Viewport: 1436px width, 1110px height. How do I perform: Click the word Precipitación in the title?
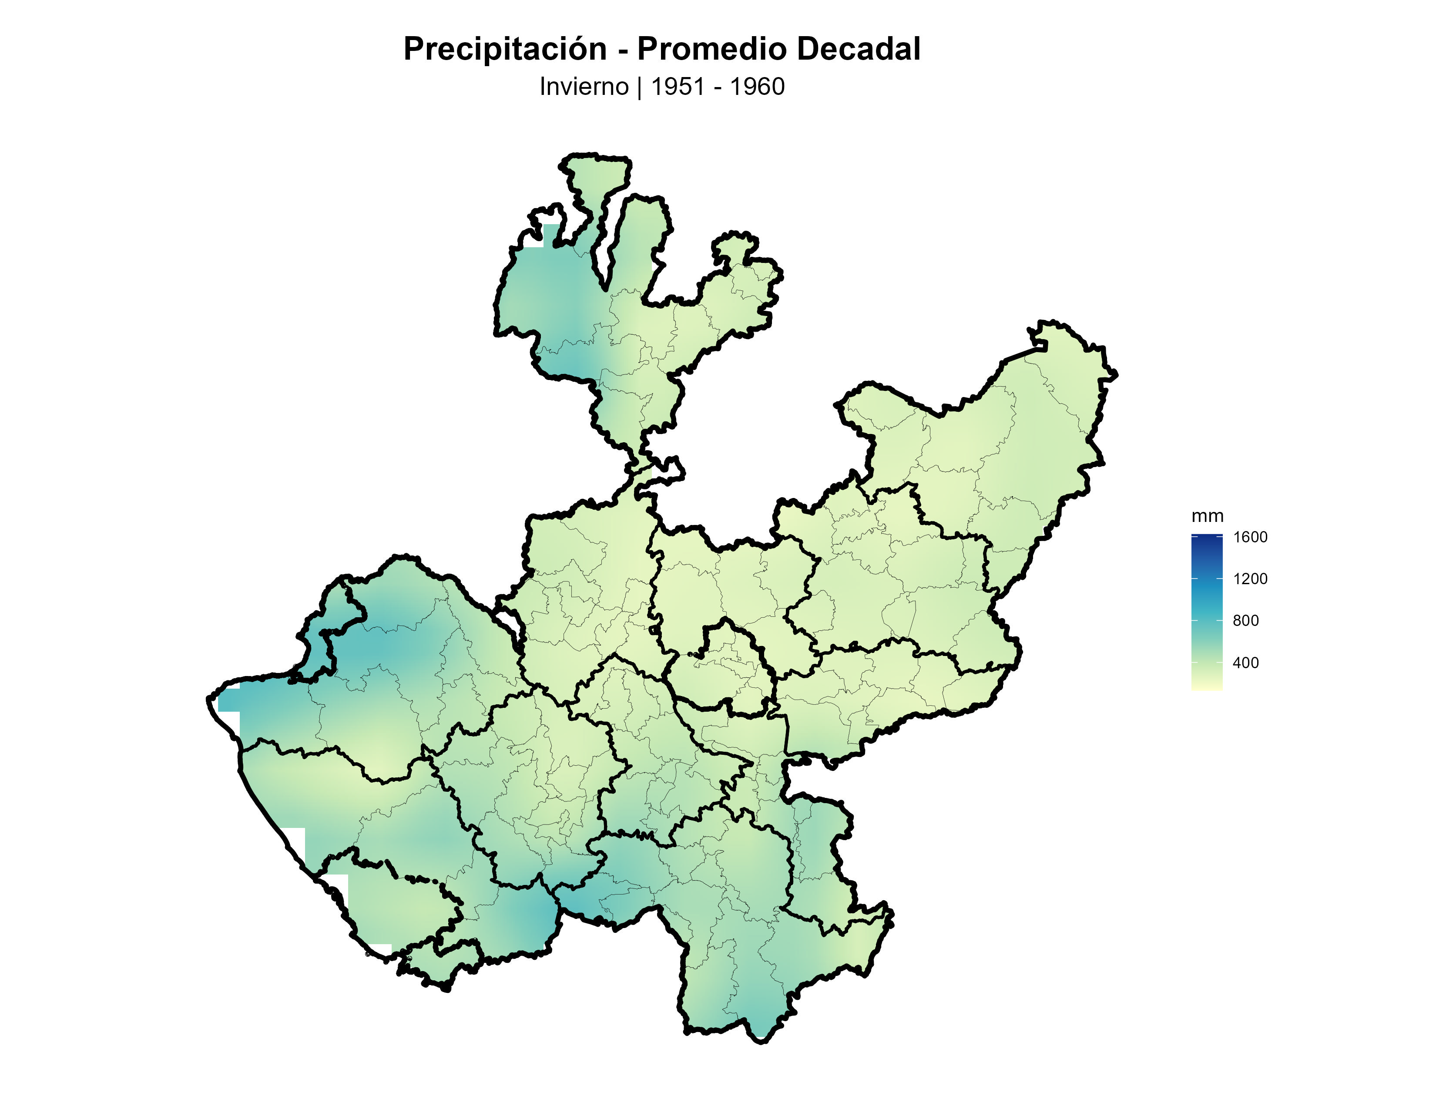click(x=504, y=49)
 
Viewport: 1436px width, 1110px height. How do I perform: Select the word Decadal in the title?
click(x=857, y=49)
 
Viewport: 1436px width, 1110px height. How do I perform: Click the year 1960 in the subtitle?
click(x=758, y=87)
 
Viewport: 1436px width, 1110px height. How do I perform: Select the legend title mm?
click(x=1207, y=516)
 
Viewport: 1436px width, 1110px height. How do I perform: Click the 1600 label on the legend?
click(x=1250, y=537)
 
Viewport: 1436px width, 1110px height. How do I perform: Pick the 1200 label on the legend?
click(x=1250, y=579)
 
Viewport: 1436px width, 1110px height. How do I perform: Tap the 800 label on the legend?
click(x=1245, y=621)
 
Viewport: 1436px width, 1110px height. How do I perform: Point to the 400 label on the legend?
click(x=1245, y=663)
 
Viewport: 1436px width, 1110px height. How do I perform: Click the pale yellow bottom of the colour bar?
click(x=1207, y=686)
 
